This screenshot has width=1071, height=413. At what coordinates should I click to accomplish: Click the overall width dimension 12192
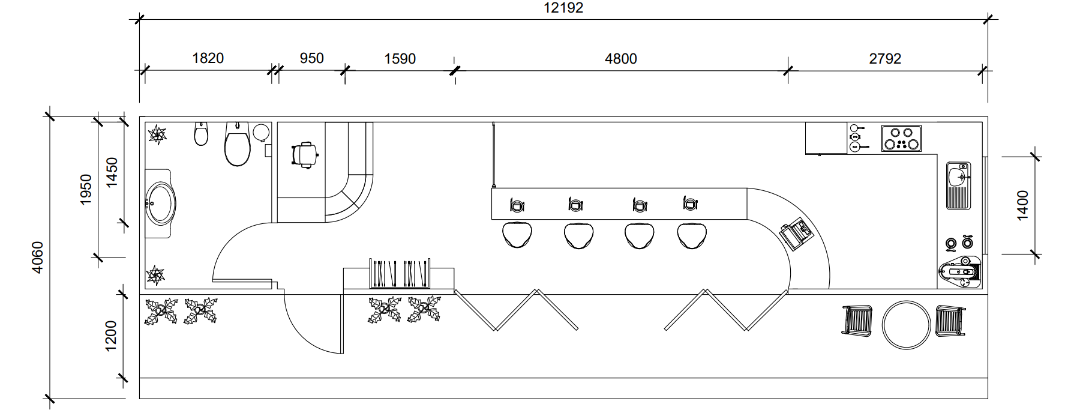[563, 8]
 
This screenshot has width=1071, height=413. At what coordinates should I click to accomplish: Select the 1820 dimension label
[208, 58]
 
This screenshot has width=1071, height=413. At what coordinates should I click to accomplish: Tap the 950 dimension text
[311, 58]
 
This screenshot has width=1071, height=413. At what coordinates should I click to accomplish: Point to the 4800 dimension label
[621, 59]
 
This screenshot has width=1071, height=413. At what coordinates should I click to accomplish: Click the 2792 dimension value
[885, 58]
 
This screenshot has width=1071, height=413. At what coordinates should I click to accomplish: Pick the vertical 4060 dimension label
[37, 258]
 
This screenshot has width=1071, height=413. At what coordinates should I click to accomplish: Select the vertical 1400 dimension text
[1023, 205]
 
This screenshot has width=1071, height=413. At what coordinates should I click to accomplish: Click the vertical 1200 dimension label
[110, 337]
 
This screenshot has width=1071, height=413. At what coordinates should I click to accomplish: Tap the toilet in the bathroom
[238, 144]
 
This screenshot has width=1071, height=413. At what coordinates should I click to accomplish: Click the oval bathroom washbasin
[161, 203]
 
